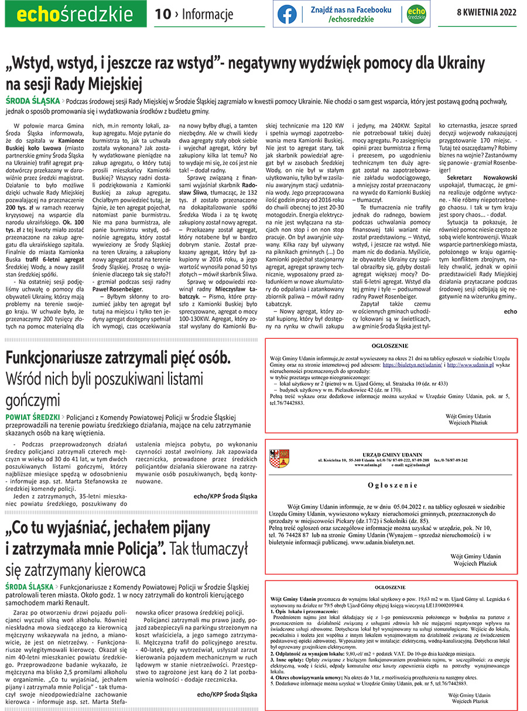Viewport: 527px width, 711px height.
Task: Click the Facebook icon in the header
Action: point(287,14)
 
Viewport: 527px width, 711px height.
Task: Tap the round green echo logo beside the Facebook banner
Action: point(416,14)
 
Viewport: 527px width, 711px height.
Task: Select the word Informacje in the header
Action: point(207,14)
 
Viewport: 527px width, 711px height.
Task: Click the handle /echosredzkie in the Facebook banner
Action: point(351,19)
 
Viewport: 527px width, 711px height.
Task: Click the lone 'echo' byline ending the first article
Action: point(510,311)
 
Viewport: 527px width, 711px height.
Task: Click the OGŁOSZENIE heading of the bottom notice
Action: point(392,586)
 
